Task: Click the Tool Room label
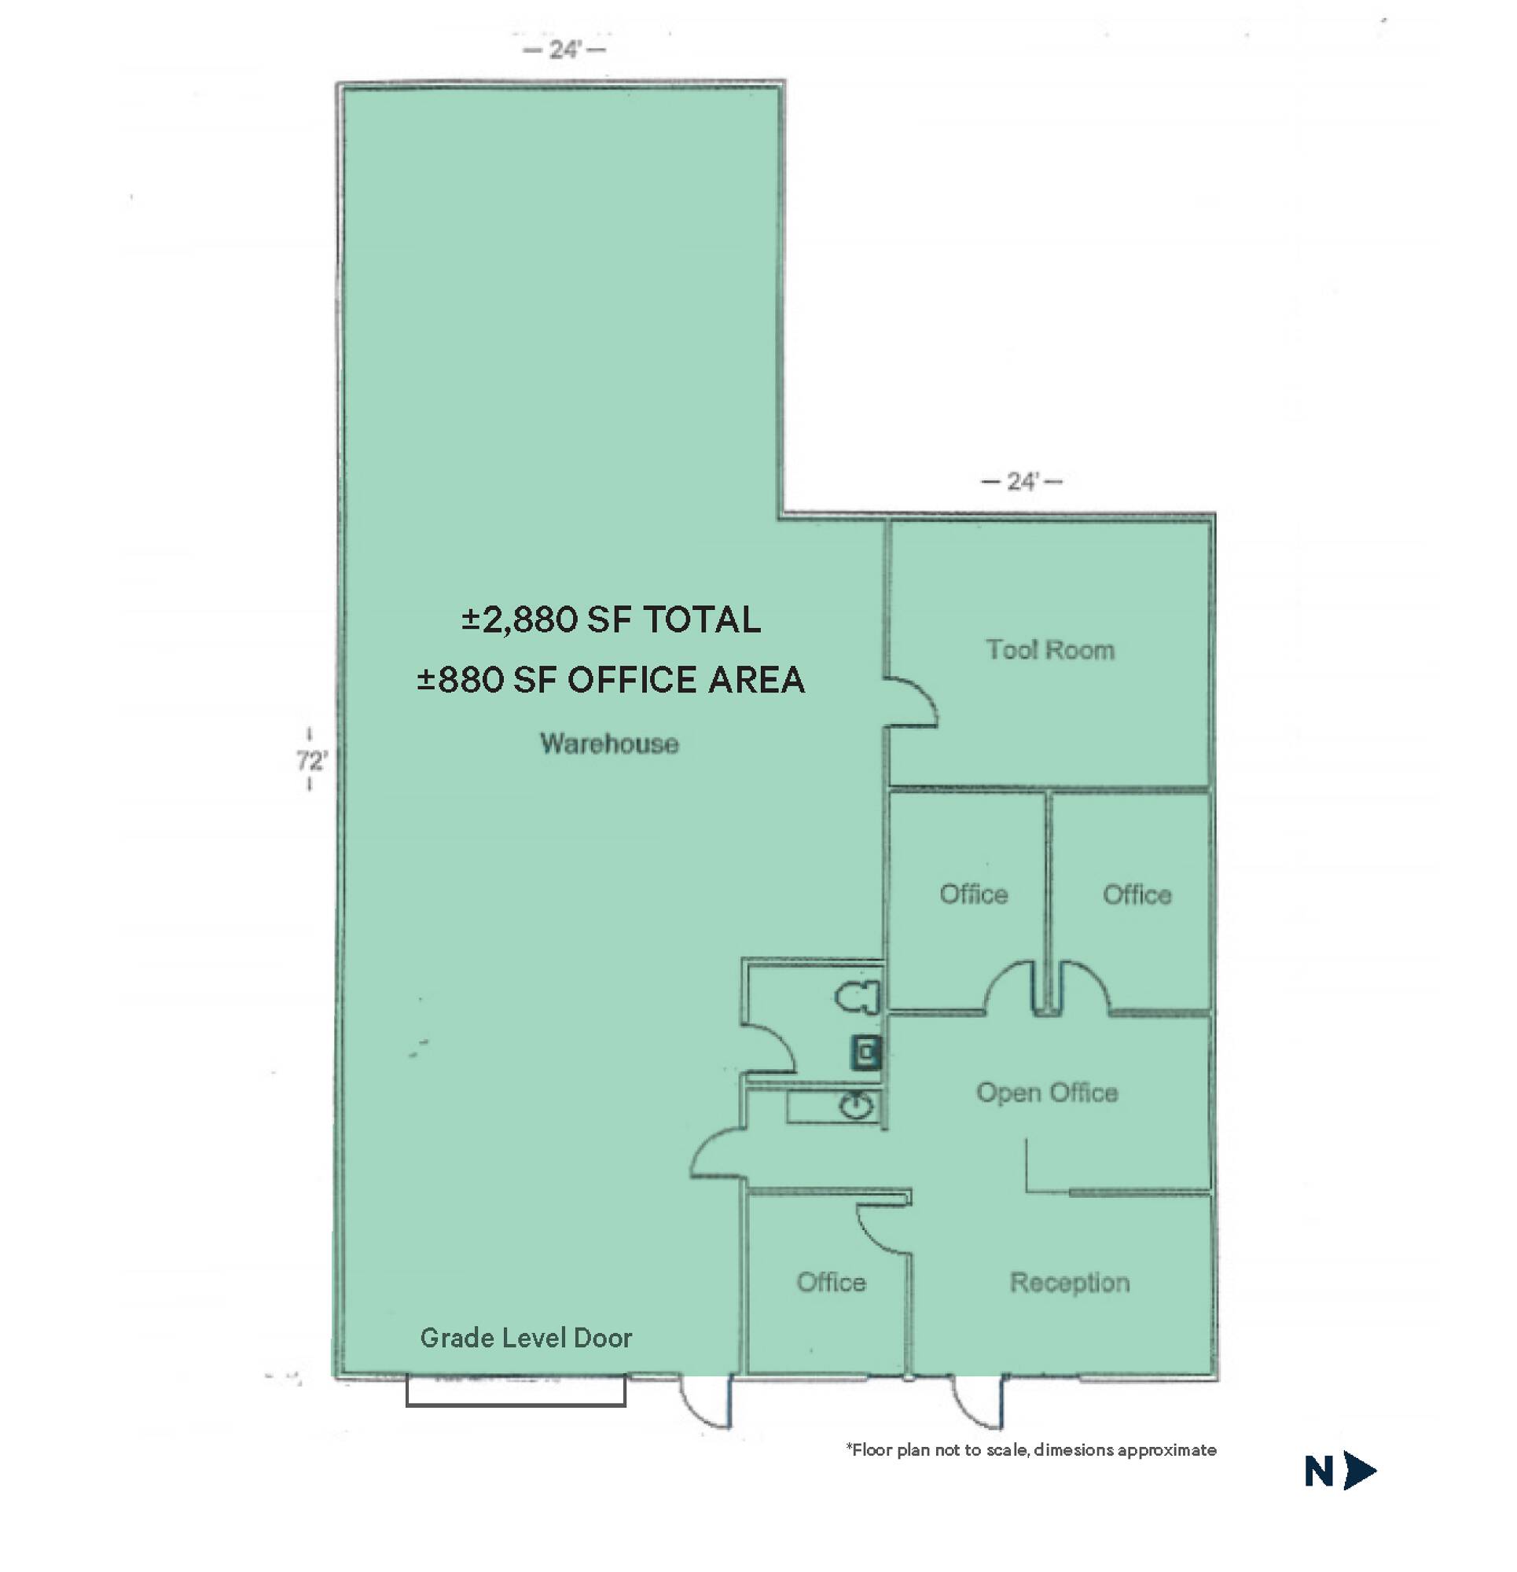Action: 1050,650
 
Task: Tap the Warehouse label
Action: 610,744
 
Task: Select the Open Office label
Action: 1047,1093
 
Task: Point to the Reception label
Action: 1069,1284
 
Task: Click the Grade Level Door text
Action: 527,1338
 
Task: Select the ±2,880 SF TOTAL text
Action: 612,620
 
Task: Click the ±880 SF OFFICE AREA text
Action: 611,680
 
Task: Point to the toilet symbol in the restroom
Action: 858,997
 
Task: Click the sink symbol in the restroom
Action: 857,1107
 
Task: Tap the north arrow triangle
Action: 1361,1471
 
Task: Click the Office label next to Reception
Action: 831,1283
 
